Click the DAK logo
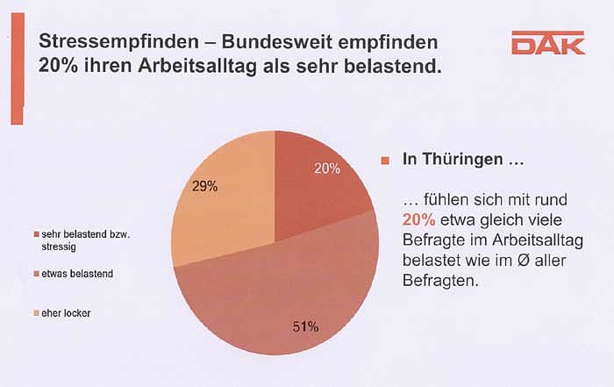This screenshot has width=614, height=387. [547, 43]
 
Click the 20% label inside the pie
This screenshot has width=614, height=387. [327, 168]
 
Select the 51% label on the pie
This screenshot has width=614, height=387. [304, 327]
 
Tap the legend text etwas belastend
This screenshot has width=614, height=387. [78, 274]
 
